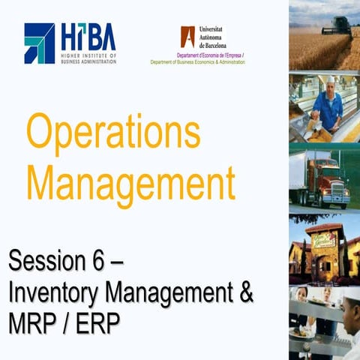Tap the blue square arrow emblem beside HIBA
pos(39,43)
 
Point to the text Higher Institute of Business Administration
pos(88,58)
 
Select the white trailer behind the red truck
pos(301,172)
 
